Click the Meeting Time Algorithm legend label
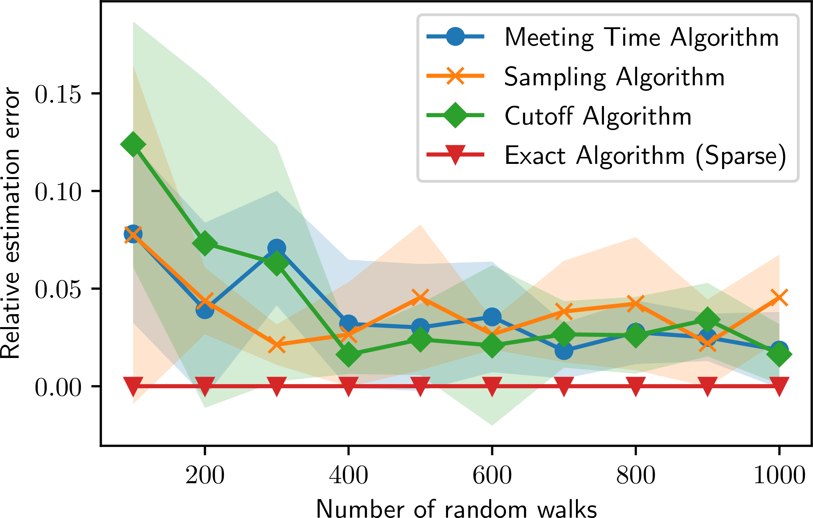(642, 37)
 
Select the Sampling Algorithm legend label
(615, 77)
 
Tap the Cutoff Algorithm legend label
(598, 116)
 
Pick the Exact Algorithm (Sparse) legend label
(645, 155)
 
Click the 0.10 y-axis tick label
(58, 192)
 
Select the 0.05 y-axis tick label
(58, 289)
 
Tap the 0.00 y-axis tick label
(58, 387)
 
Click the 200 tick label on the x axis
(205, 476)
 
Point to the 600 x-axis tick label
(492, 476)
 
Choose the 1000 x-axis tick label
(779, 476)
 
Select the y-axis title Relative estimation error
(10, 223)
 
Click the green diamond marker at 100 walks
(133, 144)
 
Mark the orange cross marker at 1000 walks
(779, 298)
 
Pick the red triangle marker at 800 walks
(636, 386)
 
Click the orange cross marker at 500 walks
(420, 297)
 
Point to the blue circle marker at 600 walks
(492, 317)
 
